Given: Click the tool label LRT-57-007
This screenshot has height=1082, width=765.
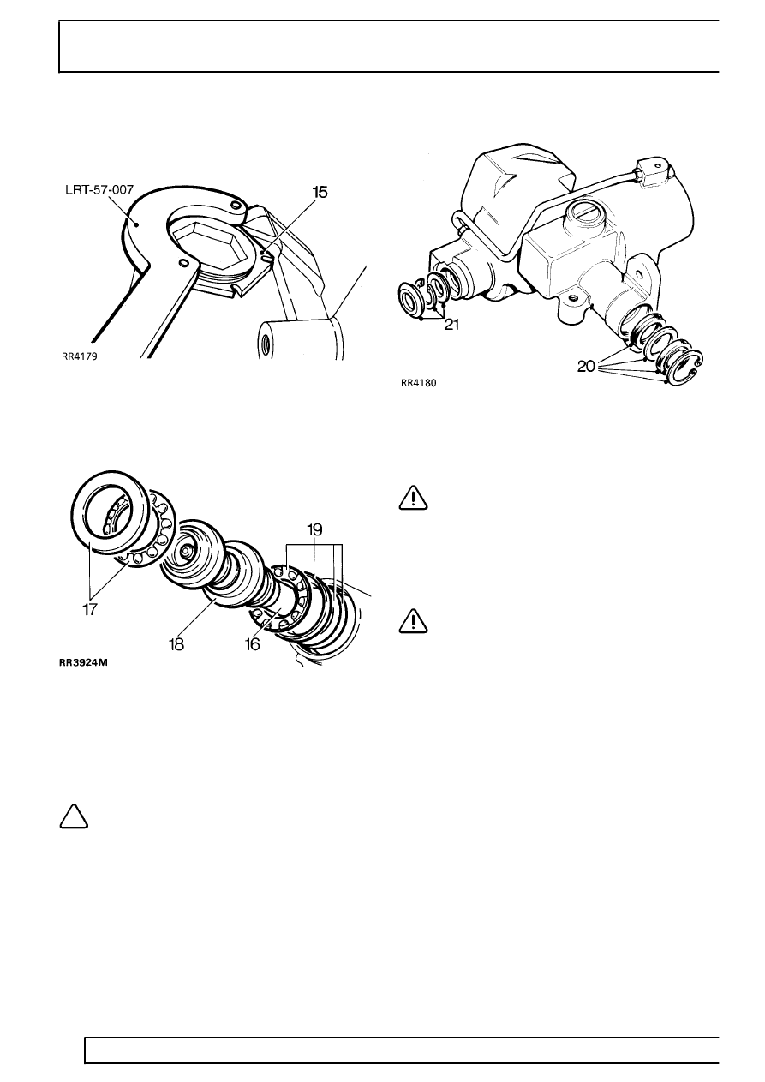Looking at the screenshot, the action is click(x=99, y=190).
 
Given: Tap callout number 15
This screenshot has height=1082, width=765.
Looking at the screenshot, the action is click(x=320, y=192).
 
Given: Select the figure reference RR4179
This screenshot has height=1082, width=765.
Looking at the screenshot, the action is click(x=79, y=356).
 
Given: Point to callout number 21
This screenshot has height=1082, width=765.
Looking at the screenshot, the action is click(x=451, y=325).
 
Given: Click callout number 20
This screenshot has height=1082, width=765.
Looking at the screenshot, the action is click(x=586, y=368).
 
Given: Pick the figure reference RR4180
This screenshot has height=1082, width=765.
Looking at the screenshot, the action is click(x=418, y=383).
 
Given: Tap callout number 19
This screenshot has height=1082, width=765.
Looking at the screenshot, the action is click(x=314, y=529).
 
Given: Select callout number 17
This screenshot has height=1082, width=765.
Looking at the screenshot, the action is click(x=90, y=610).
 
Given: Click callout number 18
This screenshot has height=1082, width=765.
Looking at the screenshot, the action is click(x=176, y=644).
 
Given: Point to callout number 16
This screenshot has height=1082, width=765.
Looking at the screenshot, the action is click(x=253, y=644).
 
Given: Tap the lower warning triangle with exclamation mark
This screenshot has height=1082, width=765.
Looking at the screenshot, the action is click(x=414, y=621).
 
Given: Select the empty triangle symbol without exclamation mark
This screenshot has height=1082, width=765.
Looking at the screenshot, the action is click(x=74, y=817).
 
